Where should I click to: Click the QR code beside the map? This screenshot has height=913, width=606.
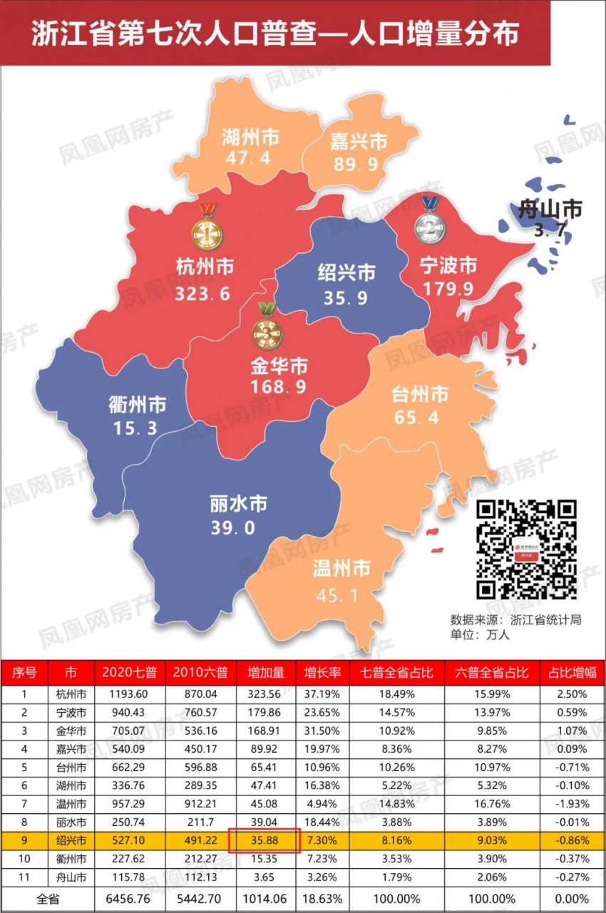526,549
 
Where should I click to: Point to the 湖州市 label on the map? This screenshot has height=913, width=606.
250,136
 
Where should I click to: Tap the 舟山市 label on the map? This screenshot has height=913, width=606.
549,210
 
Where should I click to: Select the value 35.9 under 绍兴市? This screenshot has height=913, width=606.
346,298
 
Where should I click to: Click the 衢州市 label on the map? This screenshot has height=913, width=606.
138,406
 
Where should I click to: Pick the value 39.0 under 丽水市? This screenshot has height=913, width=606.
232,527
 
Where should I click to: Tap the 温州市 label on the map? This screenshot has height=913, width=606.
341,569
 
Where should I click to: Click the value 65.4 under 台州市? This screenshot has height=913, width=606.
420,416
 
